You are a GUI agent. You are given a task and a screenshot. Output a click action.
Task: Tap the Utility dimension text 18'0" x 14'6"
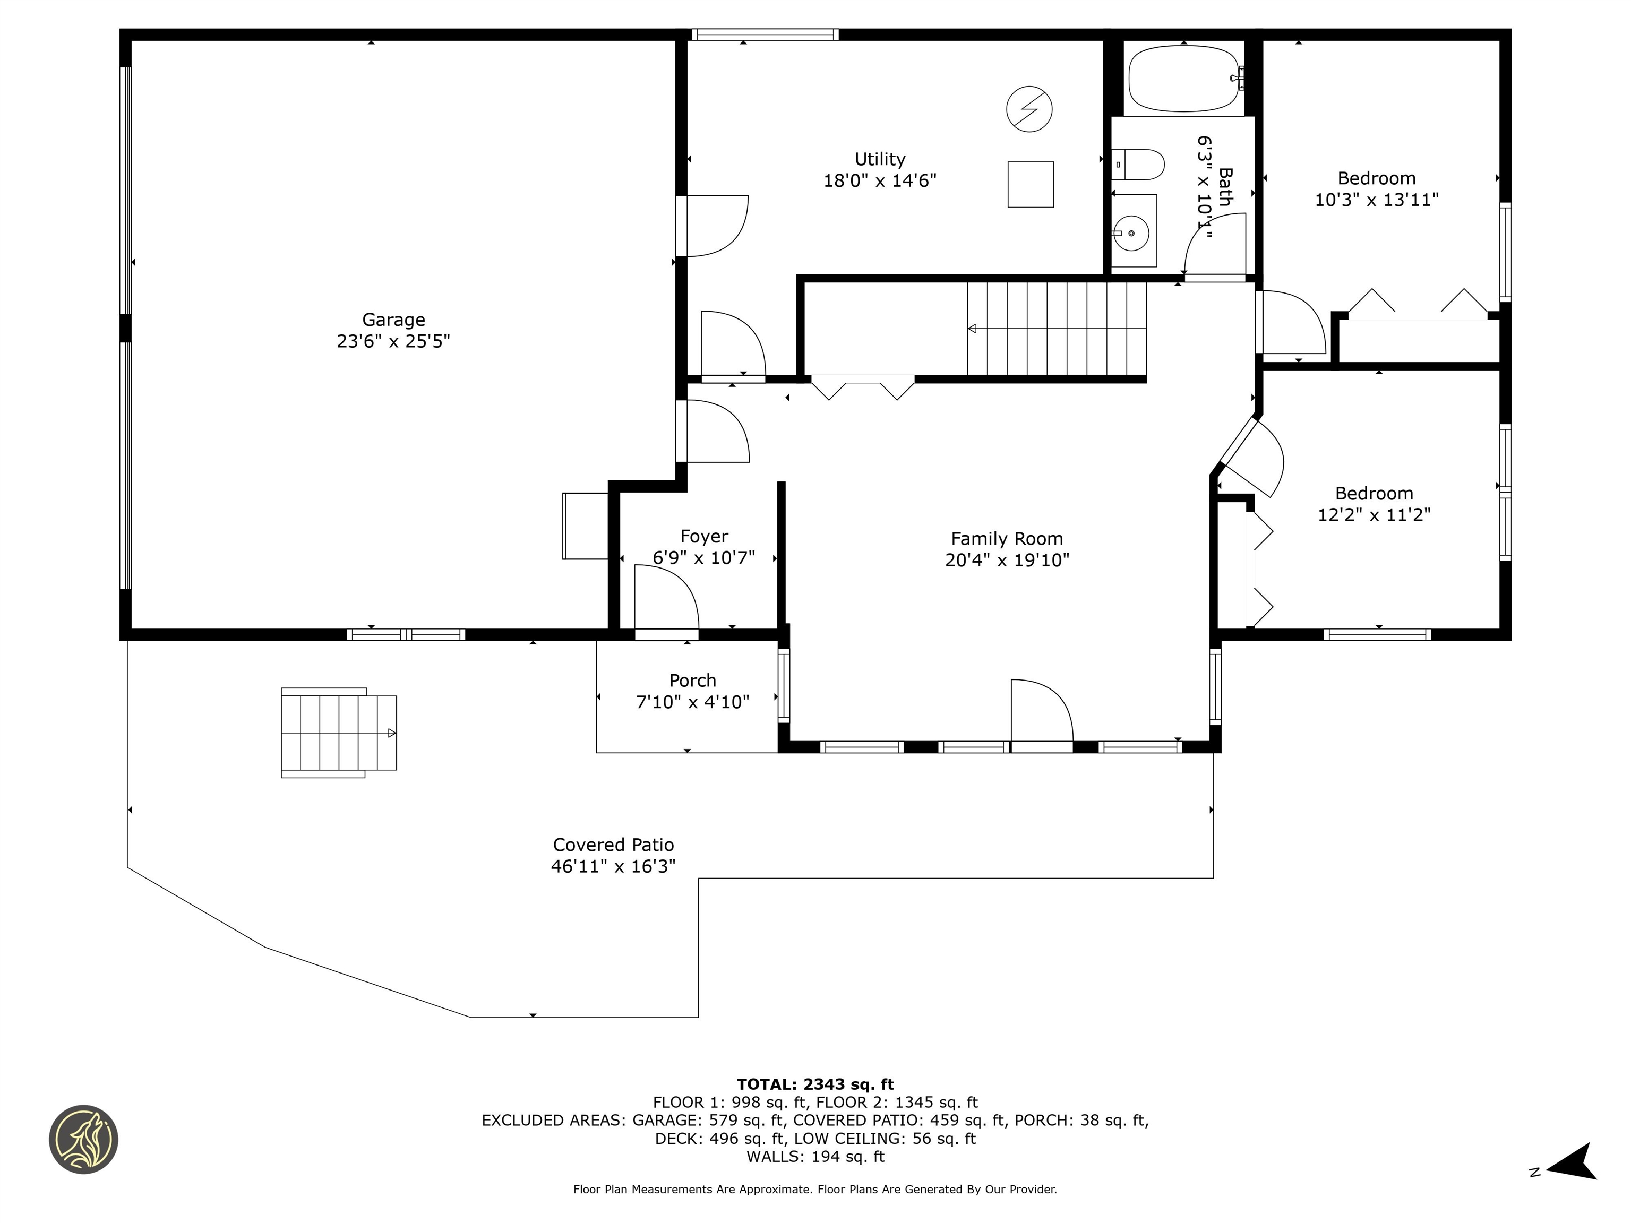[880, 180]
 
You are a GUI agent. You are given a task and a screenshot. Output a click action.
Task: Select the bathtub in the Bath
[1183, 78]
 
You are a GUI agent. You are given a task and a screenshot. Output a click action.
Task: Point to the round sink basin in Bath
[1131, 233]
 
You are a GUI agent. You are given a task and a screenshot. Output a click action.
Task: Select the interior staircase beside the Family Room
[1057, 329]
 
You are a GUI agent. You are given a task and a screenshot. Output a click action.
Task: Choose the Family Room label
[1007, 539]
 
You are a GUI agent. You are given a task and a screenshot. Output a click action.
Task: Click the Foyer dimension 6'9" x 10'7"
[703, 558]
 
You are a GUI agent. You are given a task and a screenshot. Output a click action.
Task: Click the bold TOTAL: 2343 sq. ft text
[815, 1084]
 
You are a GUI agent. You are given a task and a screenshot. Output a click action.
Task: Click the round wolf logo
[83, 1139]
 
